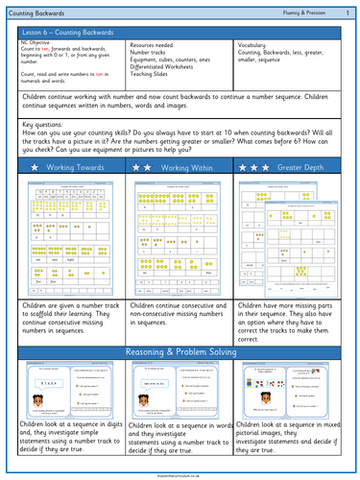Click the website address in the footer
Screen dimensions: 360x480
180,473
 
